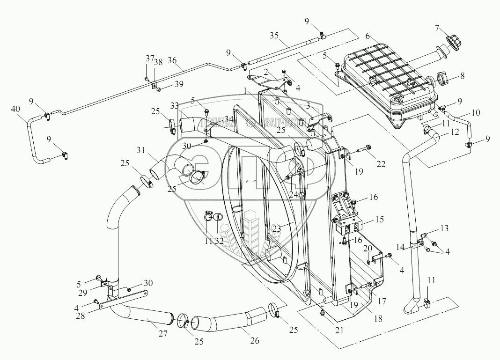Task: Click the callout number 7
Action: tap(437, 29)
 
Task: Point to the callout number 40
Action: tap(15, 109)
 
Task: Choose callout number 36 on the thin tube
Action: tap(172, 61)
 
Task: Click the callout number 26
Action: tap(255, 341)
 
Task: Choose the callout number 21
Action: tap(339, 330)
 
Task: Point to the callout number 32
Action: tap(219, 241)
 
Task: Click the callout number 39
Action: tap(179, 84)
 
